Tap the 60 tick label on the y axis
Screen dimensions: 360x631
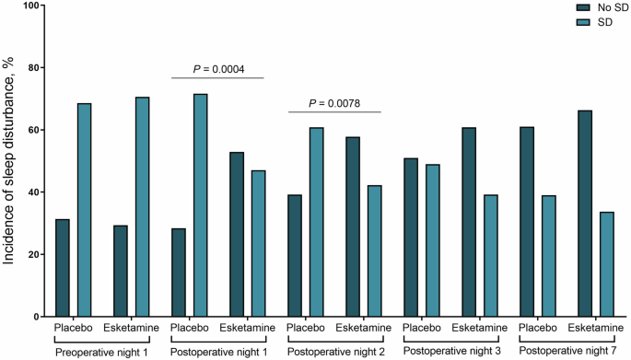coord(35,130)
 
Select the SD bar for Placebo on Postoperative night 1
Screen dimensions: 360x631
coord(200,205)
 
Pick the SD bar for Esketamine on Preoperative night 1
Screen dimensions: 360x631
coord(142,207)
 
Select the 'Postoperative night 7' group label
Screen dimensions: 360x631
coord(566,351)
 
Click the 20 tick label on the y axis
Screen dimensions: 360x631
coord(35,254)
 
